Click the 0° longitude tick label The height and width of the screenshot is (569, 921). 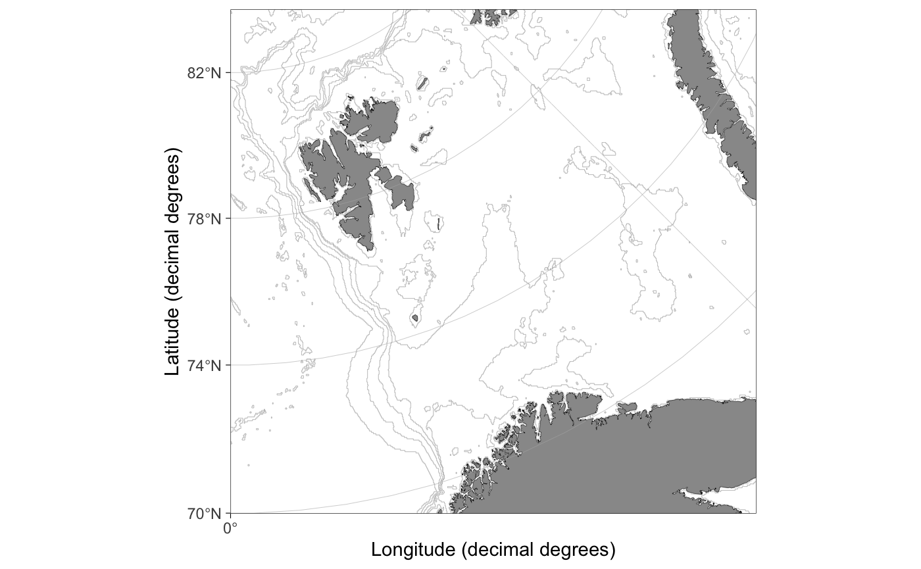point(230,528)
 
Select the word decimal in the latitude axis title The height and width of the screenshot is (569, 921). point(172,264)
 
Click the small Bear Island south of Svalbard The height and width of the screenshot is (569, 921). point(415,319)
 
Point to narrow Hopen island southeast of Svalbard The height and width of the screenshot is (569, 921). point(438,224)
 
